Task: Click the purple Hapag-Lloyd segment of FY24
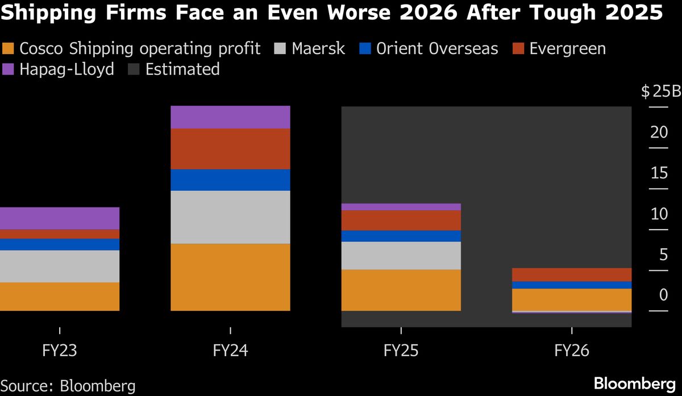click(x=230, y=117)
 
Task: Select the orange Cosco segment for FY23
click(x=60, y=296)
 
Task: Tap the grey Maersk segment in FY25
click(x=401, y=255)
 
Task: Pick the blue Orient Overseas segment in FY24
click(x=230, y=180)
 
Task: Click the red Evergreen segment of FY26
click(x=571, y=274)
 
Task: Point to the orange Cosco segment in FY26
click(x=571, y=299)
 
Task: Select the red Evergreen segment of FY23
click(x=60, y=234)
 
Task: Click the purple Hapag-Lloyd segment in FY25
click(x=401, y=207)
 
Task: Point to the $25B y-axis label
click(x=660, y=91)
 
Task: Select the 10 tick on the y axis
click(x=659, y=214)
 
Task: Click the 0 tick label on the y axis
click(x=663, y=295)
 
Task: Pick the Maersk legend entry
click(x=318, y=49)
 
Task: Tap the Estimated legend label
click(x=182, y=70)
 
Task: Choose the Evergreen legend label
click(x=567, y=49)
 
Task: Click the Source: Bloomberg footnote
click(x=68, y=386)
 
